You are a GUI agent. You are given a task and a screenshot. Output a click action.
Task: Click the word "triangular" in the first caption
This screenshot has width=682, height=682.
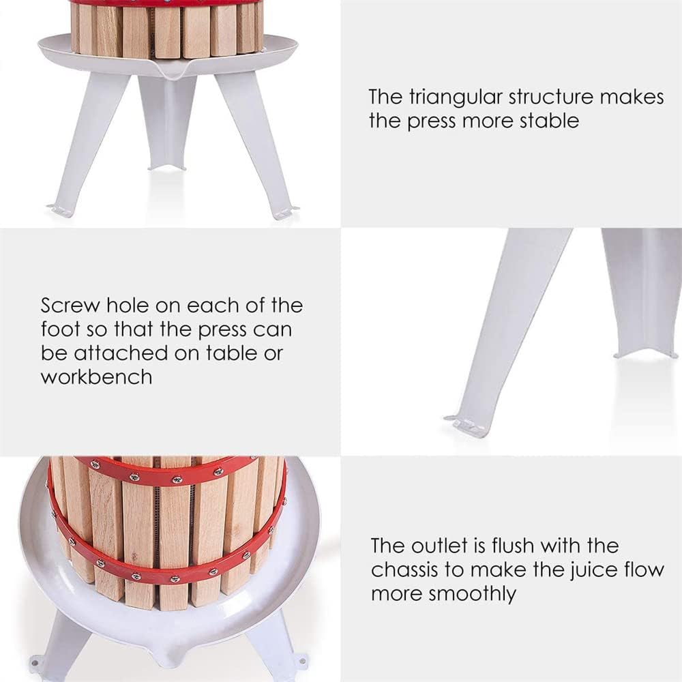456,98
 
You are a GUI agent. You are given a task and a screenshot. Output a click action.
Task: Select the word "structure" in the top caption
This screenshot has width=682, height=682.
550,97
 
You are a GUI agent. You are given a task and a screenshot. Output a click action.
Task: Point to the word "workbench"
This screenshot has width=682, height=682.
97,376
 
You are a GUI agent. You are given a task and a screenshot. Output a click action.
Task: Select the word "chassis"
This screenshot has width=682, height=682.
404,569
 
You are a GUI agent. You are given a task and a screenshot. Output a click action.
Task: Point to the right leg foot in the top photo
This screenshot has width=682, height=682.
285,212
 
